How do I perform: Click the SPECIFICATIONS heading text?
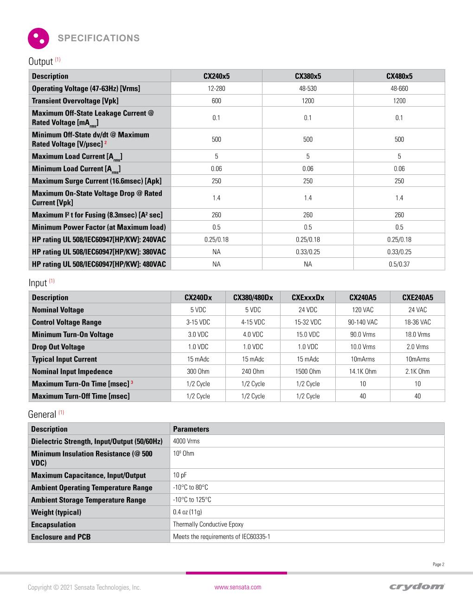coord(98,38)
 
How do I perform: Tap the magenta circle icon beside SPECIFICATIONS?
coord(38,38)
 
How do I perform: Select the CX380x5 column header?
coord(308,76)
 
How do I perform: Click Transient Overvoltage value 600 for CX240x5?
coord(217,101)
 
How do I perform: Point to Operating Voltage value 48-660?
coord(399,89)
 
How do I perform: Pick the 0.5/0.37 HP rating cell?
coord(399,264)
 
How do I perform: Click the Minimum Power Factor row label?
coord(99,227)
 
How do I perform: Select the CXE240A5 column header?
coord(417,298)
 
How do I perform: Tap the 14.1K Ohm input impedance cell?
coord(363,371)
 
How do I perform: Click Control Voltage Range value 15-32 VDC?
coord(308,322)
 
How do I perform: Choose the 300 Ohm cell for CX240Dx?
coord(198,371)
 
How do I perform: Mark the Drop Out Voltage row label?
coord(58,347)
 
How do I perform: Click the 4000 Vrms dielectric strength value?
coord(186,441)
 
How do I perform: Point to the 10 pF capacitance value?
coord(180,475)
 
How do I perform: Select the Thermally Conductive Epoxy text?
coord(208,524)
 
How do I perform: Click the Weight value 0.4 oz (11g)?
coord(187,512)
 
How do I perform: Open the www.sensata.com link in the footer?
coord(238,587)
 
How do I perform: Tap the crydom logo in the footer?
coord(417,587)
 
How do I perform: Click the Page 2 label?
coord(438,564)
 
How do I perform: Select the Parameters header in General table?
coord(191,429)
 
